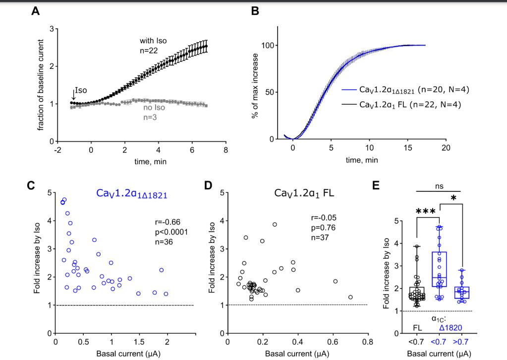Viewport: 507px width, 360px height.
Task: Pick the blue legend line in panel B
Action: tap(351, 90)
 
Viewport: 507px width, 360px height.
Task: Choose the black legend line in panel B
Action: tap(351, 105)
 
